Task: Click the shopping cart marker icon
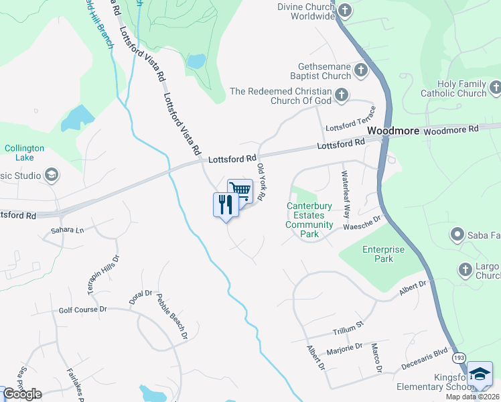click(240, 190)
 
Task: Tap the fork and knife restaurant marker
click(226, 204)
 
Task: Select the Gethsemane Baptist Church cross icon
click(361, 70)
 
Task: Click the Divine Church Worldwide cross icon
click(345, 10)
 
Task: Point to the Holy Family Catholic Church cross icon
click(495, 87)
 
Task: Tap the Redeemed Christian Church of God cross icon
click(342, 95)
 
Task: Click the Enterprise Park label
click(384, 254)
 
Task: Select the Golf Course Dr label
click(83, 310)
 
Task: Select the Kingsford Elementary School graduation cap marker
click(480, 374)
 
